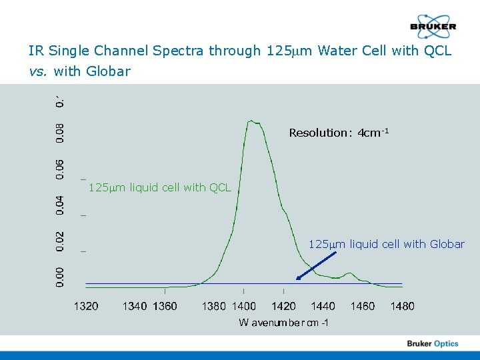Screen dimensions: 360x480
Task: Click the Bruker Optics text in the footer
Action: [433, 344]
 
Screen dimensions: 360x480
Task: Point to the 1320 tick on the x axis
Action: [86, 306]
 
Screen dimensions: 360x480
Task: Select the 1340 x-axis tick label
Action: [135, 306]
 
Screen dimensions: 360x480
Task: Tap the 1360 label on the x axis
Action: [165, 306]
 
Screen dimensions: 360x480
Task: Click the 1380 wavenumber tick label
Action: [213, 306]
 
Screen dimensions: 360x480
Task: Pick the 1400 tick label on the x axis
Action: [243, 306]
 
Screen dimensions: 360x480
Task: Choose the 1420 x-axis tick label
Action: [284, 306]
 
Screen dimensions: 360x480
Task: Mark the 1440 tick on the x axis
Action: [323, 306]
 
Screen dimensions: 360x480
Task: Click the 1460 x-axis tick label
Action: [363, 306]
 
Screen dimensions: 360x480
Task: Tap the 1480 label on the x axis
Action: [402, 306]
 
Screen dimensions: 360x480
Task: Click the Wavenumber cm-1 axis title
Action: [283, 323]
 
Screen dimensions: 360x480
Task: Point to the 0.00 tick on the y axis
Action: [60, 275]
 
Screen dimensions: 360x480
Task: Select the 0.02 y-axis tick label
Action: [60, 241]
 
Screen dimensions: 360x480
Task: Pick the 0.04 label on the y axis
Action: [60, 205]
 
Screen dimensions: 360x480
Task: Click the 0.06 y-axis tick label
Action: [60, 168]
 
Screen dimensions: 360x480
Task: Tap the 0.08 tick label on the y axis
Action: [60, 131]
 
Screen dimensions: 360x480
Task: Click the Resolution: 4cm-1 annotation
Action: [339, 133]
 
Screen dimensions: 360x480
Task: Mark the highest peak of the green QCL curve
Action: [251, 121]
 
